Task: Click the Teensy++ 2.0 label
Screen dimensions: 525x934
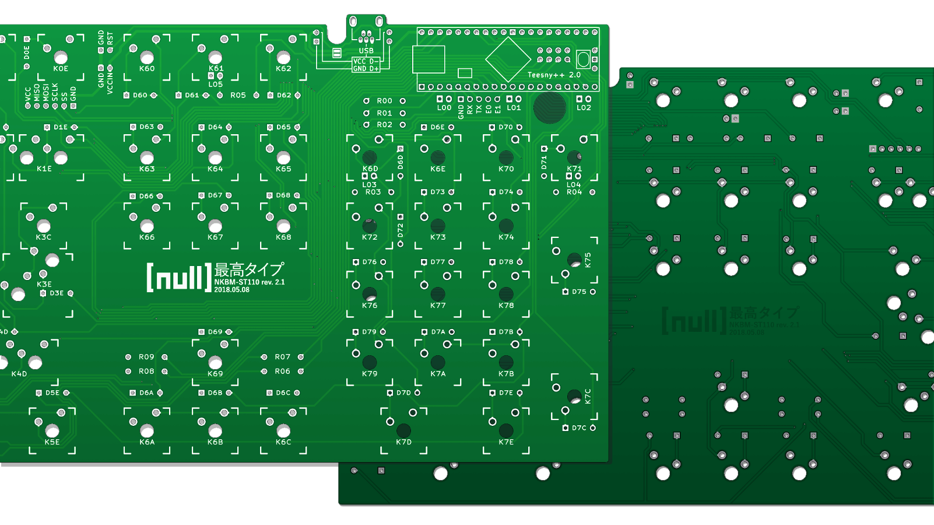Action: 553,75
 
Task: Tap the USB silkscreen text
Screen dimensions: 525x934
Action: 366,51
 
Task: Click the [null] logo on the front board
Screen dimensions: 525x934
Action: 178,277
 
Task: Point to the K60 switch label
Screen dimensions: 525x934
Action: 147,69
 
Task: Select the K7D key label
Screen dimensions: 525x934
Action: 403,442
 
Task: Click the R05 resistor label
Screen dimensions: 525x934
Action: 238,95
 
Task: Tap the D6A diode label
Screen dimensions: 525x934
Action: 146,393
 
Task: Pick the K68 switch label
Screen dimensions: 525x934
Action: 283,237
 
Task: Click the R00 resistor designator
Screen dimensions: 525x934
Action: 384,101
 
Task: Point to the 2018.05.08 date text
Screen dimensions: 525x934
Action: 231,290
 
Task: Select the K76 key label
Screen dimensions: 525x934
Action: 370,306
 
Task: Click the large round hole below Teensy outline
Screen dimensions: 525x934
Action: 549,107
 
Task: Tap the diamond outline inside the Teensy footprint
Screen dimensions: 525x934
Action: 508,59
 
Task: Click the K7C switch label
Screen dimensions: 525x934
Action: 588,397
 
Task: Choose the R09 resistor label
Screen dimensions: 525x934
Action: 146,357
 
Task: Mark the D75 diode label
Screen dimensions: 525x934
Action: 579,292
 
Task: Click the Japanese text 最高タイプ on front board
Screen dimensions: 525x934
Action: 249,269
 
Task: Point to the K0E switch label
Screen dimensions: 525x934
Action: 61,69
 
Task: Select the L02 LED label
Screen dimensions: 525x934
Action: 584,108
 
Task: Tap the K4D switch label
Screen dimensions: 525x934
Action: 19,374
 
